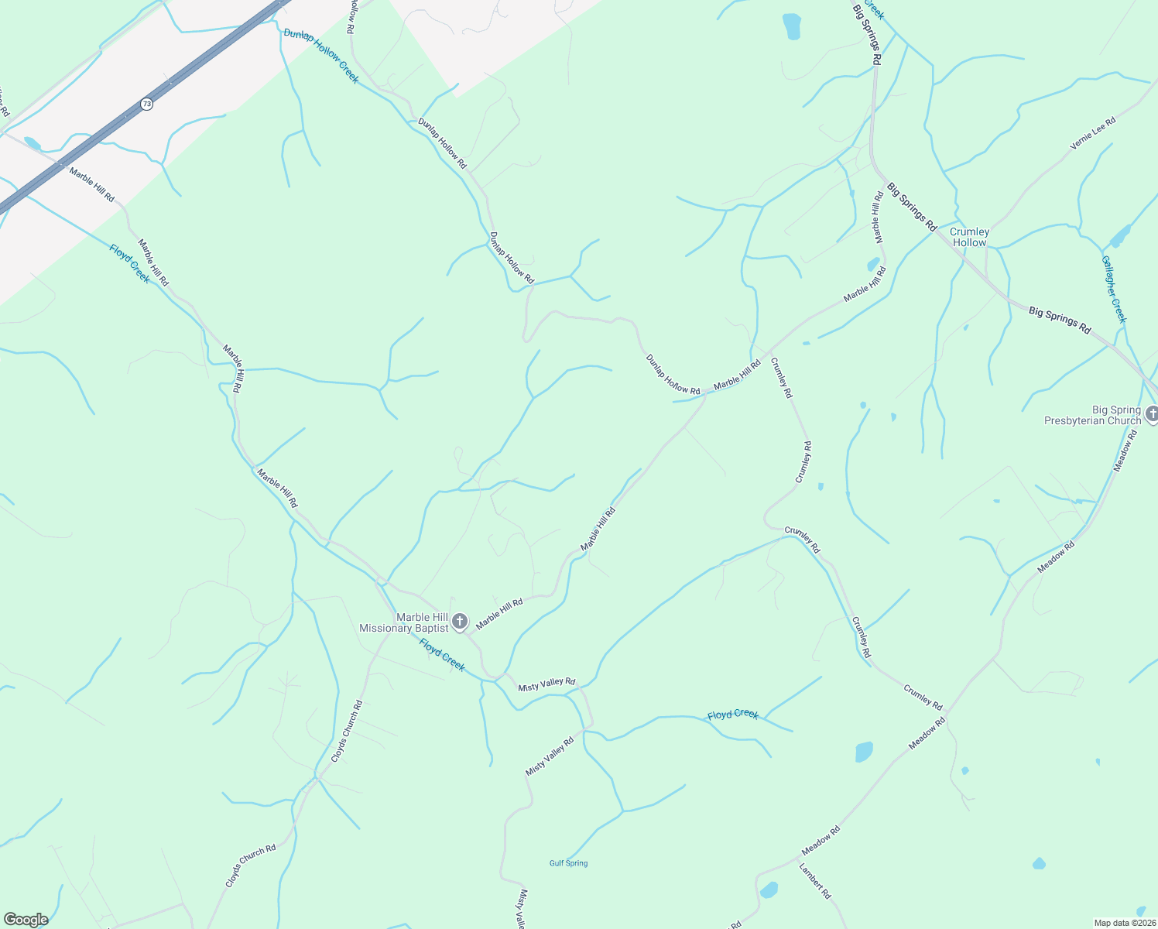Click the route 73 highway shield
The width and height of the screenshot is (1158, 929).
coord(146,104)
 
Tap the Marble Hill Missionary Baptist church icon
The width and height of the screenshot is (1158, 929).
coord(460,621)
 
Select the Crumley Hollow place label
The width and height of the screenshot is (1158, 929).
coord(969,237)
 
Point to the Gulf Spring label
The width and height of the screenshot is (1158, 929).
coord(568,863)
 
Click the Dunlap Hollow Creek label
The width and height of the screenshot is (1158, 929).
coord(321,56)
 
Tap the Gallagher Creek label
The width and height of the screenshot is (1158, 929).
coord(1114,289)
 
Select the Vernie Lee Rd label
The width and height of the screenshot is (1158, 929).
coord(1093,133)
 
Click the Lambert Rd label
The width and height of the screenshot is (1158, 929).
coord(815,881)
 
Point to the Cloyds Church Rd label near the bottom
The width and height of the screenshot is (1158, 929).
coord(251,866)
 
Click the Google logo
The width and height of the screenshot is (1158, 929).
coord(26,920)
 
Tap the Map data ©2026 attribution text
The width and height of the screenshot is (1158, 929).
coord(1123,923)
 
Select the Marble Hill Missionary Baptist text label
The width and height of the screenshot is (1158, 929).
coord(404,623)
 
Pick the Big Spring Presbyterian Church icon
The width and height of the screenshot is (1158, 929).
coord(1152,416)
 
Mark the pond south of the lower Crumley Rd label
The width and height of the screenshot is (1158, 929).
coord(864,752)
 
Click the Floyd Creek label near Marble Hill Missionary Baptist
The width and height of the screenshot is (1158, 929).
coord(442,655)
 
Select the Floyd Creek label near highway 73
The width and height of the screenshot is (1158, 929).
coord(130,264)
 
